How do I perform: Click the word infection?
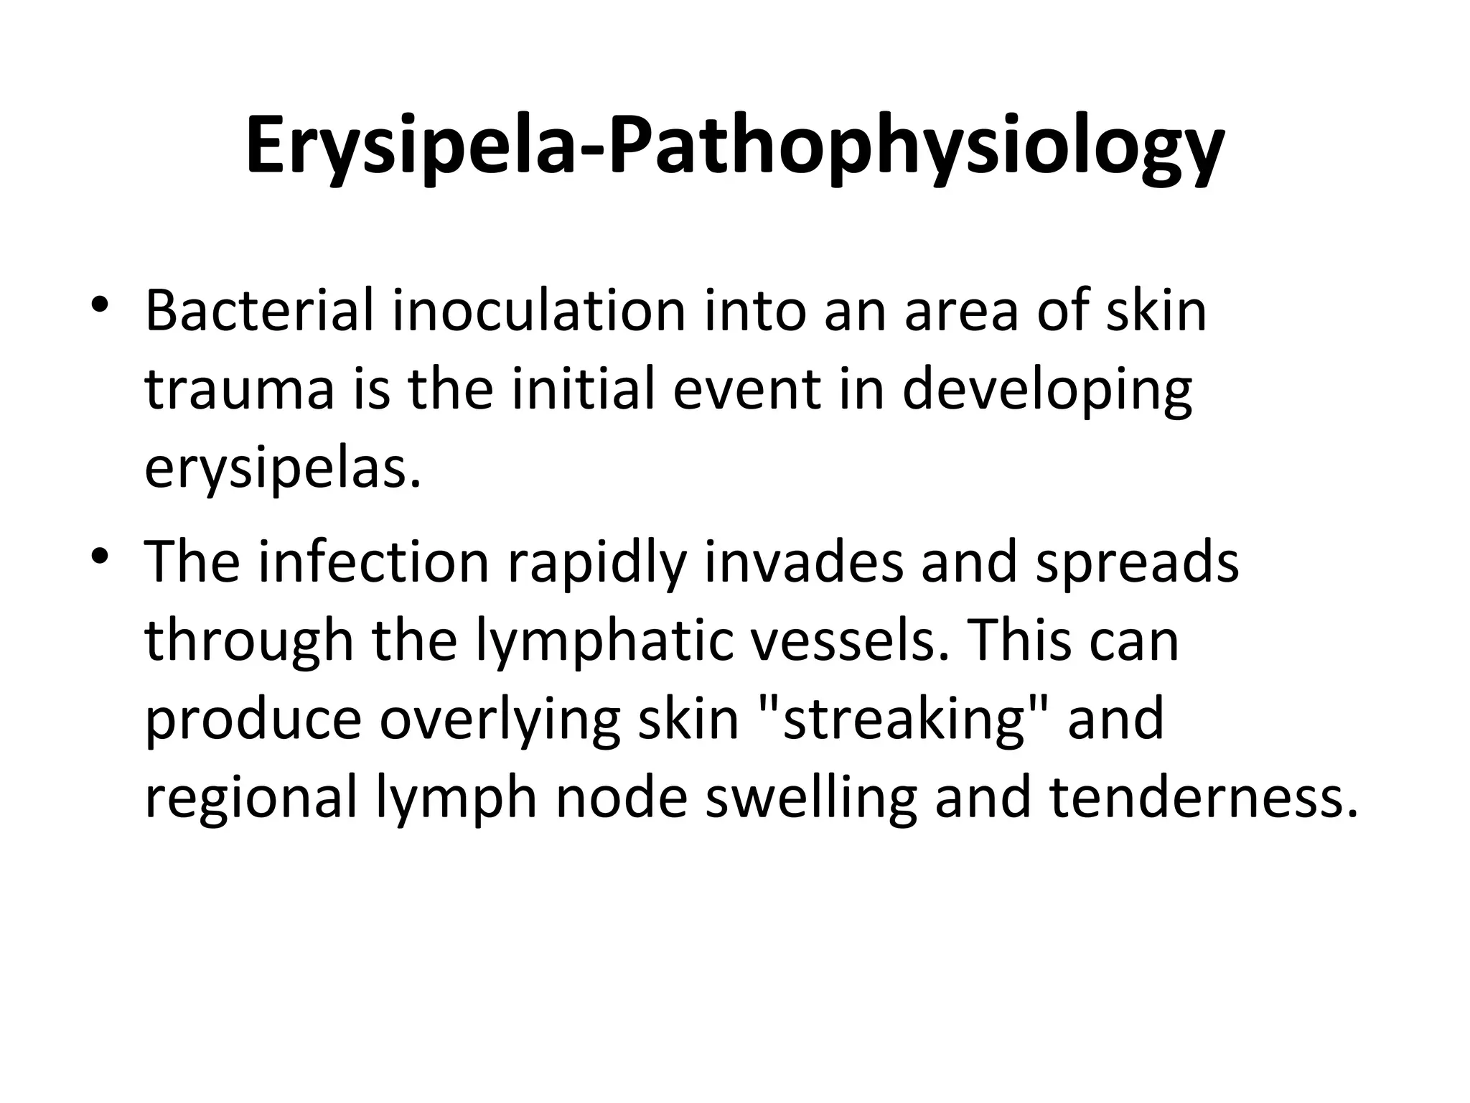pos(373,562)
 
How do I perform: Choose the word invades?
pos(803,562)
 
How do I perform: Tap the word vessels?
pos(854,641)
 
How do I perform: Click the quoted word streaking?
pos(904,720)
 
